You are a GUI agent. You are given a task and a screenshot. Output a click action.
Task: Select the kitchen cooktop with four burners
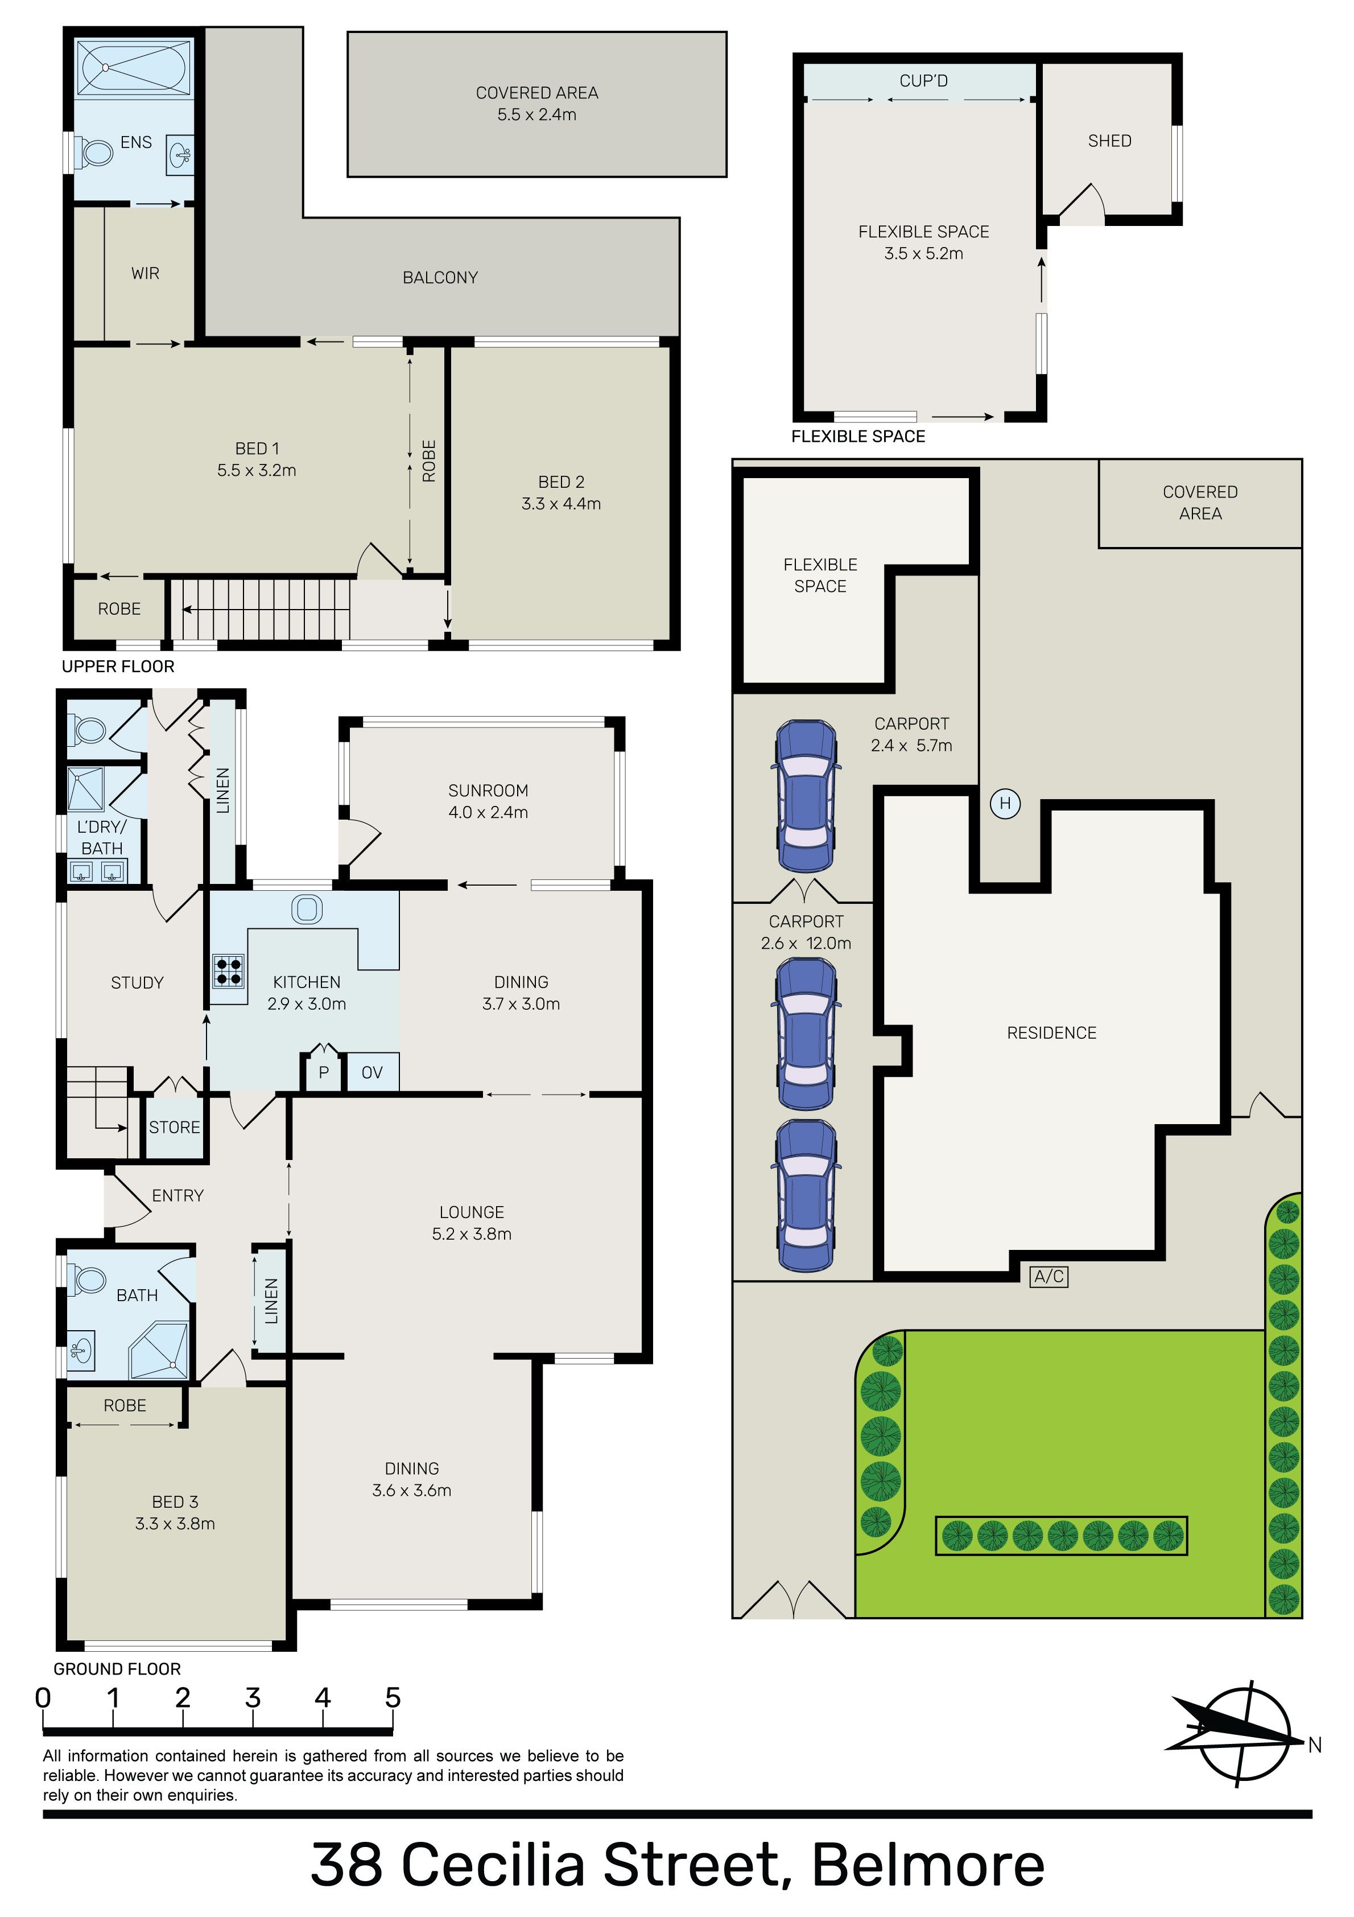229,971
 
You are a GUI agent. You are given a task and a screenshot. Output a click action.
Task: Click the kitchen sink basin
307,909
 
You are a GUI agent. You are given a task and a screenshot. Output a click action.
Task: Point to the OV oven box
371,1072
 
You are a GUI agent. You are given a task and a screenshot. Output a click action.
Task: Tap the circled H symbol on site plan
1005,803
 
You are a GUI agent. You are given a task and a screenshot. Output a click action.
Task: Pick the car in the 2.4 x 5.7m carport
806,796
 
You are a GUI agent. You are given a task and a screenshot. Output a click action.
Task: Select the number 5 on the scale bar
393,1697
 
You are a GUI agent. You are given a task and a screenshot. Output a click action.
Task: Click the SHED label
1109,141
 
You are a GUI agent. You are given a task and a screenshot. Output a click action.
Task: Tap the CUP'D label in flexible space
923,81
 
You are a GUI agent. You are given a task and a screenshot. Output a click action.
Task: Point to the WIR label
145,273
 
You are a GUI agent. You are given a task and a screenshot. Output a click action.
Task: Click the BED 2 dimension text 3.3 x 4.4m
561,504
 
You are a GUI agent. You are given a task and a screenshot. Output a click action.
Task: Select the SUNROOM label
488,790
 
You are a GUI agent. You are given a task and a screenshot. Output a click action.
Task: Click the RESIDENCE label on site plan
1052,1033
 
